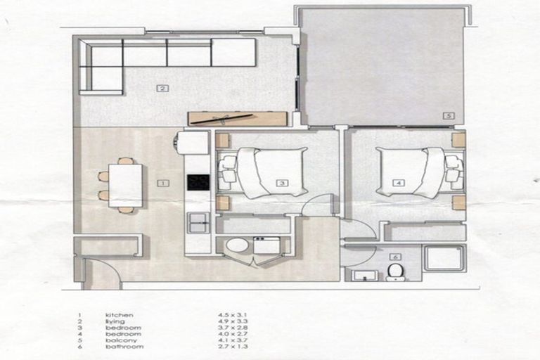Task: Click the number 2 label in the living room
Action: [162, 89]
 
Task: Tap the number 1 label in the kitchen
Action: [162, 183]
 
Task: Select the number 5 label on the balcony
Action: [448, 115]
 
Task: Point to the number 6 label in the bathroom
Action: [395, 257]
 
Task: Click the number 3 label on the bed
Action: [281, 183]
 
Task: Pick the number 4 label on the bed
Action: [399, 183]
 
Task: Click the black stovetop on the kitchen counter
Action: [198, 182]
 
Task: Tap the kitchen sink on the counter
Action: [198, 223]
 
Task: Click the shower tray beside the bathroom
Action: [444, 257]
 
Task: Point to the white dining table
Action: [125, 185]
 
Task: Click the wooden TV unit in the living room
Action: [237, 119]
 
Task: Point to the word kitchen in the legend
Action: [119, 315]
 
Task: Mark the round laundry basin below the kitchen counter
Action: [236, 245]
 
